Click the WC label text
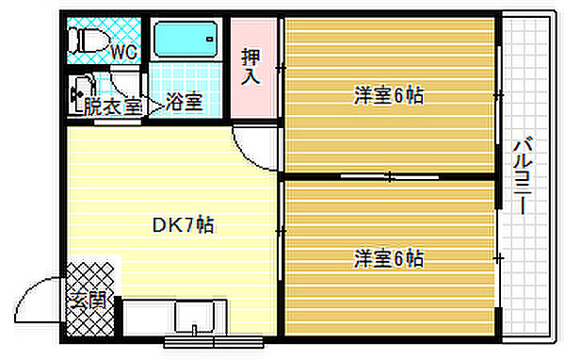pyautogui.click(x=124, y=52)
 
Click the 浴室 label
pyautogui.click(x=184, y=102)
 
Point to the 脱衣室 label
pyautogui.click(x=111, y=106)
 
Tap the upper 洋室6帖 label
pyautogui.click(x=388, y=95)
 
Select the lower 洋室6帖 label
pyautogui.click(x=388, y=256)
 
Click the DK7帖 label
pyautogui.click(x=184, y=226)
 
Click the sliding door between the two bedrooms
pyautogui.click(x=388, y=176)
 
